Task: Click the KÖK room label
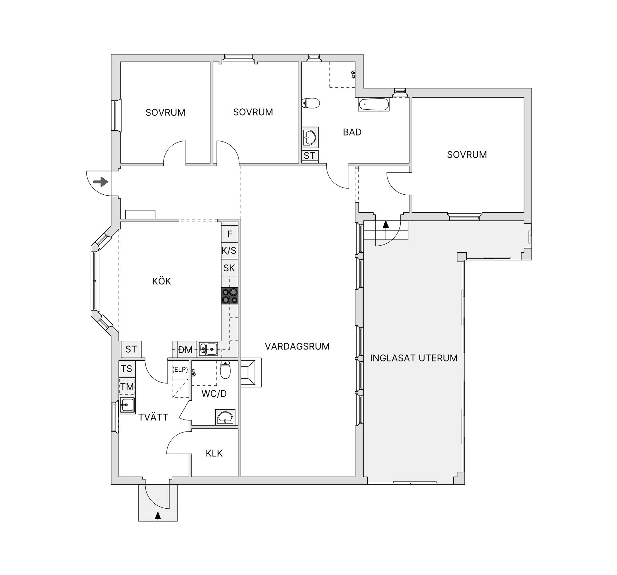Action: point(161,281)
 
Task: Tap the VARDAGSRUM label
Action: point(297,346)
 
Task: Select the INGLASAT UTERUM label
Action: point(414,358)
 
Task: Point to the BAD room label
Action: point(352,132)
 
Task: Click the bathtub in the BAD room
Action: point(374,105)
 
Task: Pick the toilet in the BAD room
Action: point(311,103)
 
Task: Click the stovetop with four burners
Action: point(230,296)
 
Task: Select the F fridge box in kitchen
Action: point(230,234)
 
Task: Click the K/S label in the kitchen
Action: point(229,250)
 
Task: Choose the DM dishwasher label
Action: point(185,350)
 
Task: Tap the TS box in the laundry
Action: point(127,369)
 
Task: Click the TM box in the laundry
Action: point(127,386)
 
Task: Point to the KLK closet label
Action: point(214,453)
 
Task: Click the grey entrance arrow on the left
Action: point(101,182)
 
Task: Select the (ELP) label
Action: point(180,369)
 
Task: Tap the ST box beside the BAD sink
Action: point(310,156)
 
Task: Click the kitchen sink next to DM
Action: point(208,349)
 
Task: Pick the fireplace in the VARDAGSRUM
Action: point(251,372)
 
